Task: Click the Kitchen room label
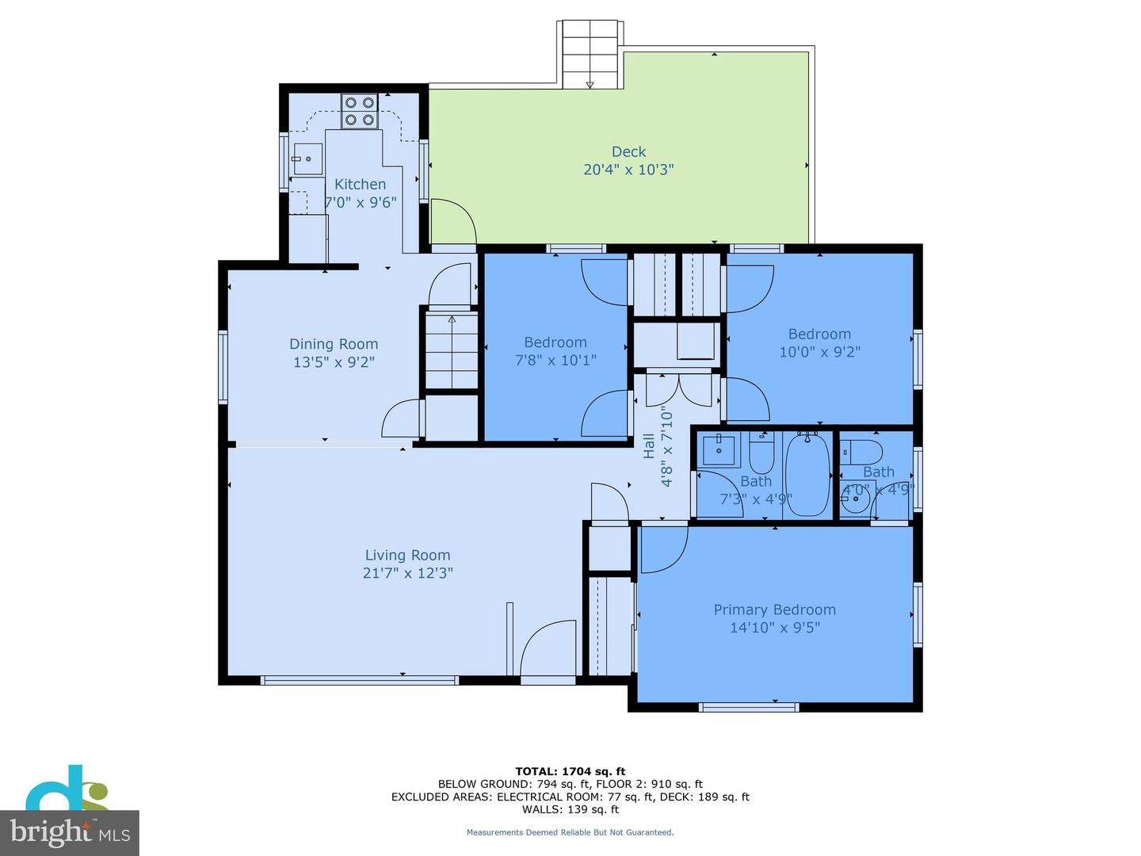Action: coord(360,184)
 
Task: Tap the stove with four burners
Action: coord(359,111)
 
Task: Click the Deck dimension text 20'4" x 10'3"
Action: coord(628,170)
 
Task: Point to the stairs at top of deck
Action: coord(590,54)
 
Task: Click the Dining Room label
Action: coord(334,344)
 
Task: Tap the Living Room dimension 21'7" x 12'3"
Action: coord(407,573)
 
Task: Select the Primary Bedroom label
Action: coord(774,610)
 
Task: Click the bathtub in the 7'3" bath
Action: coord(807,474)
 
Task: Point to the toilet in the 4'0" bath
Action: coord(861,452)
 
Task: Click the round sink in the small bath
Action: coord(855,499)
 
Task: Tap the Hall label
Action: coord(649,445)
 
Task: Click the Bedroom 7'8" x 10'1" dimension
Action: coord(555,361)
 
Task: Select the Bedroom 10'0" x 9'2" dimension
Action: coord(819,352)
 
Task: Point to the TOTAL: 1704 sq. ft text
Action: coord(570,771)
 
